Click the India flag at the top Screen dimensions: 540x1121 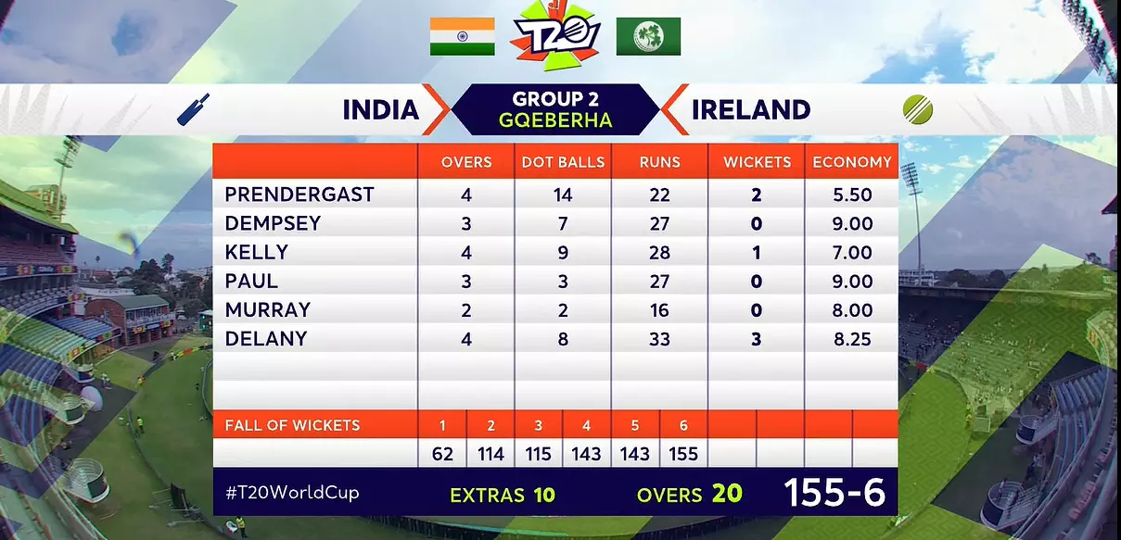[462, 36]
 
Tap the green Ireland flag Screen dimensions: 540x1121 [648, 36]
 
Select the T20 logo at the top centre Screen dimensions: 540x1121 [556, 36]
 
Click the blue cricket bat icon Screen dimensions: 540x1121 [193, 109]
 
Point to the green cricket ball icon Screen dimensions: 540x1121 [918, 110]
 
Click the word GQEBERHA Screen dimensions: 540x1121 [555, 120]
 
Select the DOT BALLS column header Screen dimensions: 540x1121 [563, 162]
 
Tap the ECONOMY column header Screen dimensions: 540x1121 [852, 162]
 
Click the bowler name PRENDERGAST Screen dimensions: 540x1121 [299, 195]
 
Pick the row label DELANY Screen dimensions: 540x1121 [266, 339]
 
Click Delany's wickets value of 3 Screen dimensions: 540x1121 [757, 340]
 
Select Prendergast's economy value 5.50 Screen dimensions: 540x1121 [852, 195]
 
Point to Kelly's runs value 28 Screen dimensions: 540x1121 [659, 253]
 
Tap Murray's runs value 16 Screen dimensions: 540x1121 [659, 310]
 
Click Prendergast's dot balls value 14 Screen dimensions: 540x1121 [563, 195]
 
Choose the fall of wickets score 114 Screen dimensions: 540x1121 [490, 455]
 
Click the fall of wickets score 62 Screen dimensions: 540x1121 [442, 455]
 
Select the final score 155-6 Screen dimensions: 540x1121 [834, 493]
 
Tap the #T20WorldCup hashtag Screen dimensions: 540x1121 [292, 494]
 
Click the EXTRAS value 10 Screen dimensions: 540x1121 [544, 495]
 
